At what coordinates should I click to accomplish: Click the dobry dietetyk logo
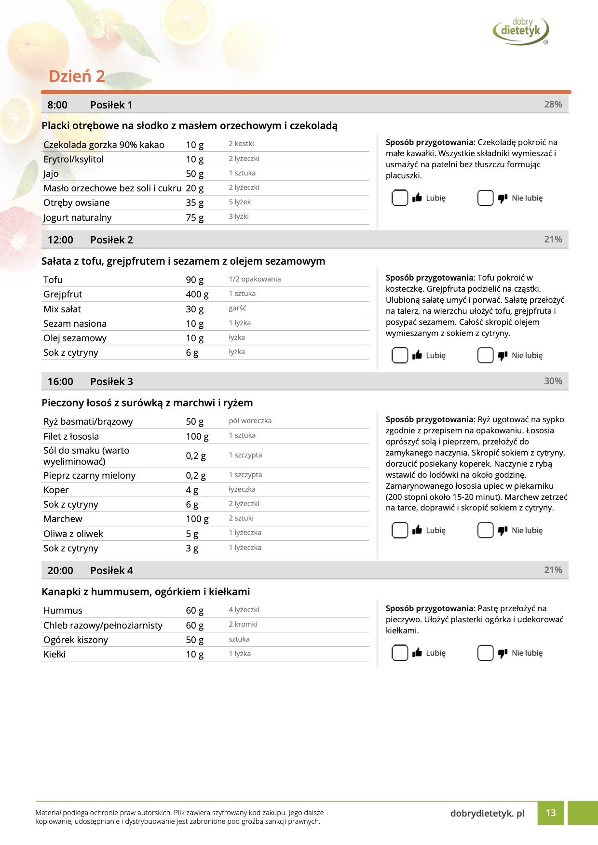(521, 30)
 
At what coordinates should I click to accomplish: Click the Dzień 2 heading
(77, 76)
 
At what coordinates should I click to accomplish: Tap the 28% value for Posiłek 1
(553, 105)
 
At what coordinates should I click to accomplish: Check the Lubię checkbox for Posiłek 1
(400, 198)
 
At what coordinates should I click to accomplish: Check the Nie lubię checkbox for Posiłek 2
(485, 355)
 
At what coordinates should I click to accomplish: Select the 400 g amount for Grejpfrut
(197, 294)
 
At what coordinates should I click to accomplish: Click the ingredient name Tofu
(53, 280)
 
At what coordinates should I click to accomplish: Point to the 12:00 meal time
(60, 240)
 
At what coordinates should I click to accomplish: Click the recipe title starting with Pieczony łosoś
(147, 402)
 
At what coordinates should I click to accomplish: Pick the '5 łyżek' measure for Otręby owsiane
(240, 202)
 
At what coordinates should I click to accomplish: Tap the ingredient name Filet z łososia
(71, 436)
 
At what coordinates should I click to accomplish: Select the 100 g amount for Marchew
(197, 519)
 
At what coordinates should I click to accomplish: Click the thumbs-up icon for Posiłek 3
(417, 530)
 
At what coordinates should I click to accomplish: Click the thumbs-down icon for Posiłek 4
(503, 653)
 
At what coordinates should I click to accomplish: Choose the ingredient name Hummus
(63, 610)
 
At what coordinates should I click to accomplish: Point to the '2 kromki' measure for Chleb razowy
(243, 624)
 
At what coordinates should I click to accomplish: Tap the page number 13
(551, 813)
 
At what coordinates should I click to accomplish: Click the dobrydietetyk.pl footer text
(487, 813)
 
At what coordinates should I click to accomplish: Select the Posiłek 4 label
(111, 570)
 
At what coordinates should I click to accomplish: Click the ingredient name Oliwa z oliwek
(73, 534)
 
